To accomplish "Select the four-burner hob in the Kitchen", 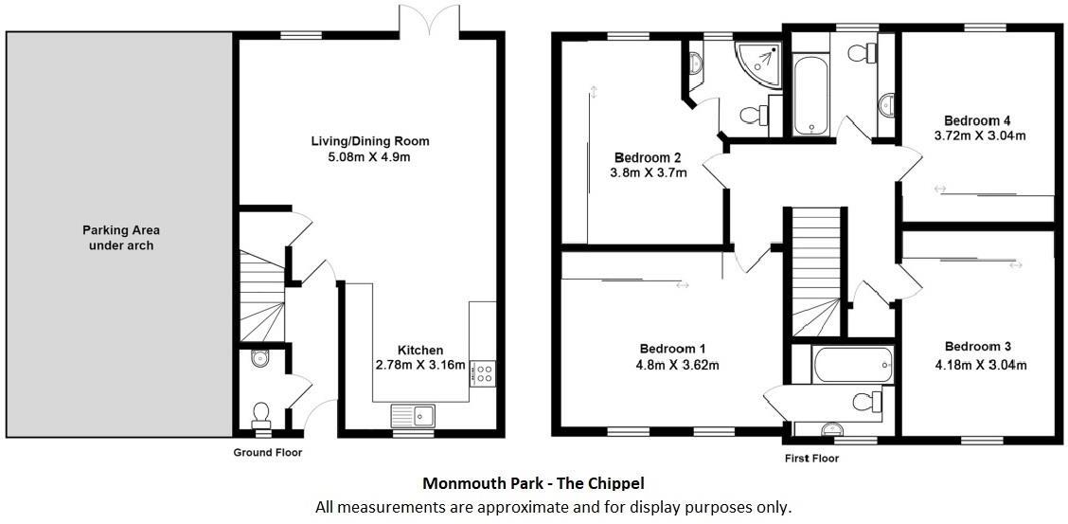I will point(482,373).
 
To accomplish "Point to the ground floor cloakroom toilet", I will point(260,413).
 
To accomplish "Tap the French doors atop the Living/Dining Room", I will point(430,20).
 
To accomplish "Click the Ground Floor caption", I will point(268,453).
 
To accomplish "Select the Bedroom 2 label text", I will point(648,157).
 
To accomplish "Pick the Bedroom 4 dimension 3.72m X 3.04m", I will point(978,136).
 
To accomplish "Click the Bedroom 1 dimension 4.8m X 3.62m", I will point(672,365).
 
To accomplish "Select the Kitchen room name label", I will point(419,350).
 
